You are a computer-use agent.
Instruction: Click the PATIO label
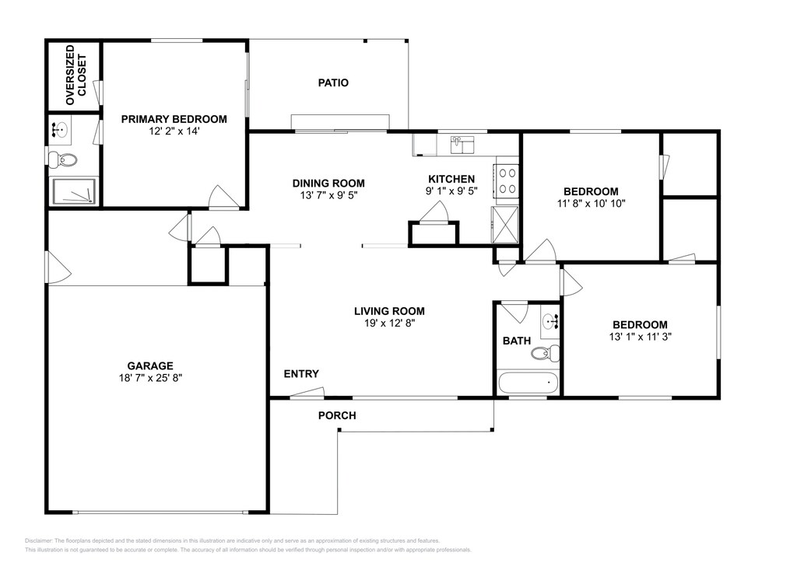pyautogui.click(x=333, y=82)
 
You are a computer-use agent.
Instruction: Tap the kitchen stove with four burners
pyautogui.click(x=507, y=181)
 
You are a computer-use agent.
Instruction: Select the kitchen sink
pyautogui.click(x=462, y=144)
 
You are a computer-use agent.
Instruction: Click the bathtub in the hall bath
pyautogui.click(x=528, y=383)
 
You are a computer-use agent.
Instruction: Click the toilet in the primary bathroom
pyautogui.click(x=62, y=160)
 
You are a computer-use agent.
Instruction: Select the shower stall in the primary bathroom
pyautogui.click(x=72, y=191)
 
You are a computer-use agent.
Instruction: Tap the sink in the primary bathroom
pyautogui.click(x=61, y=129)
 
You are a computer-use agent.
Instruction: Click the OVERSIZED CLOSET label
pyautogui.click(x=75, y=75)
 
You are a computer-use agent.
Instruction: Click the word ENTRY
pyautogui.click(x=301, y=374)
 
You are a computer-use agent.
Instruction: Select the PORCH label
pyautogui.click(x=337, y=416)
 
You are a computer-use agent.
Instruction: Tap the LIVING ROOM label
pyautogui.click(x=389, y=311)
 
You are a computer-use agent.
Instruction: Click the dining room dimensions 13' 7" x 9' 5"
pyautogui.click(x=328, y=195)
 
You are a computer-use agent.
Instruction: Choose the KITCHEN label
pyautogui.click(x=451, y=179)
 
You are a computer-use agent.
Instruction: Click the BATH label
pyautogui.click(x=517, y=341)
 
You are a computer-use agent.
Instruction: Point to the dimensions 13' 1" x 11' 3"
pyautogui.click(x=641, y=337)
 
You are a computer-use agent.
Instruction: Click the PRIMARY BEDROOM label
pyautogui.click(x=174, y=119)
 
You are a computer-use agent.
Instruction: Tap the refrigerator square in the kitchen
pyautogui.click(x=504, y=225)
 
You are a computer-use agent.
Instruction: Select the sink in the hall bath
pyautogui.click(x=550, y=321)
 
